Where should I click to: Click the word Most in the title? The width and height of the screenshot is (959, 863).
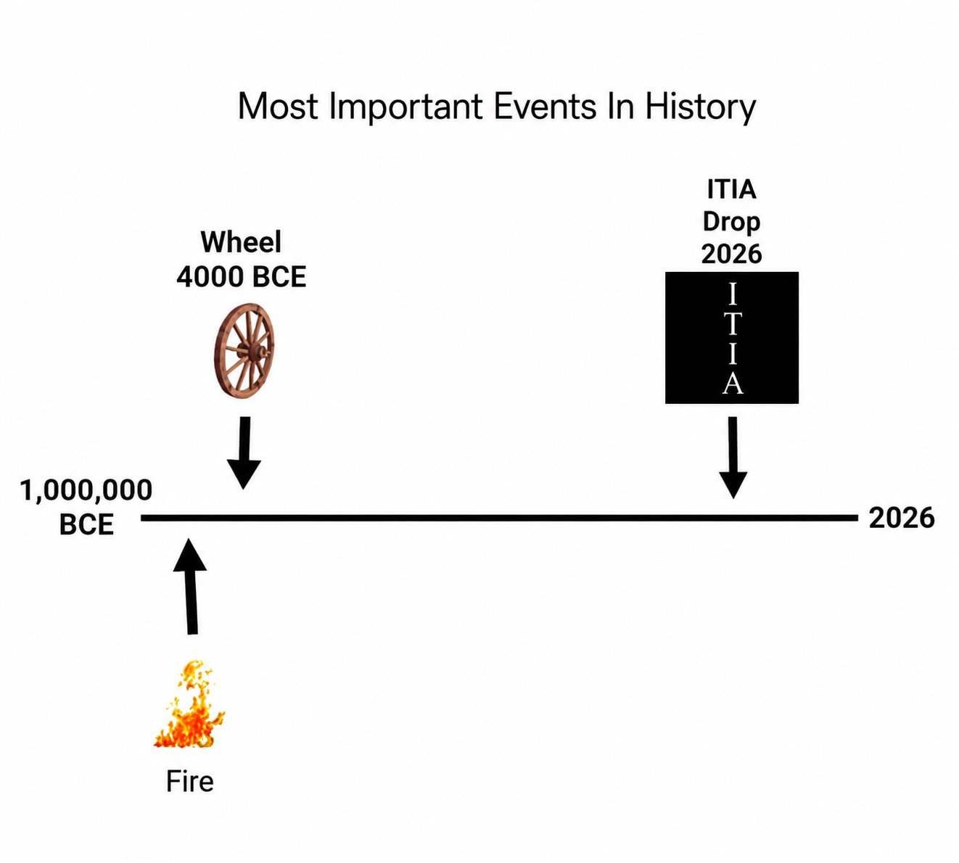(x=278, y=106)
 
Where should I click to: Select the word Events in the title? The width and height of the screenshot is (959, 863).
(x=545, y=106)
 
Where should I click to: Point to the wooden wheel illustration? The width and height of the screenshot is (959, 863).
(x=244, y=351)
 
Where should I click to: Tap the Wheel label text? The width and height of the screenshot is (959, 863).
(x=241, y=242)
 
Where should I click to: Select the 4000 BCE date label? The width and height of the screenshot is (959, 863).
(x=241, y=277)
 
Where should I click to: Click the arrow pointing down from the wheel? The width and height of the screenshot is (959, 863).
(x=244, y=453)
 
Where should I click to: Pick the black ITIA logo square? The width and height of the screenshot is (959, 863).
(x=731, y=337)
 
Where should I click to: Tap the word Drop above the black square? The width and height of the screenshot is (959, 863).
(x=731, y=222)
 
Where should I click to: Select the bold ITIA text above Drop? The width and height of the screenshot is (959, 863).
(x=731, y=189)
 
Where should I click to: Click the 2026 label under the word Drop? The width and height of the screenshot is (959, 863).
(x=731, y=254)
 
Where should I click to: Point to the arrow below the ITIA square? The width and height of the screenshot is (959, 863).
(x=733, y=458)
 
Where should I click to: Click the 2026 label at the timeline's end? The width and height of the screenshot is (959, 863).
(x=901, y=518)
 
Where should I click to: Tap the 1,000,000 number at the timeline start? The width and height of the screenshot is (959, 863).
(x=86, y=490)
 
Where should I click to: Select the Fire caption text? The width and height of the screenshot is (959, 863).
(x=190, y=781)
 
